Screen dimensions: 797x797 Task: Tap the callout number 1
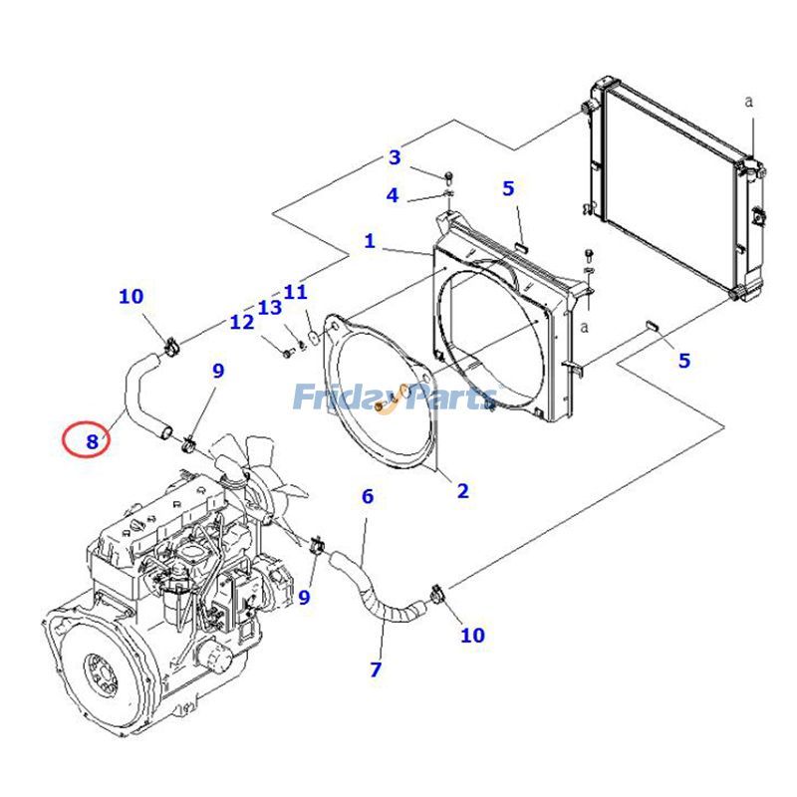pyautogui.click(x=370, y=241)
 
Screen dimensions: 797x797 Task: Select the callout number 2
pyautogui.click(x=462, y=490)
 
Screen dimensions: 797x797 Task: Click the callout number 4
pyautogui.click(x=393, y=195)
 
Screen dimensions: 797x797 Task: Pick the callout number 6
pyautogui.click(x=368, y=495)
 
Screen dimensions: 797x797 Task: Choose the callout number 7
pyautogui.click(x=376, y=669)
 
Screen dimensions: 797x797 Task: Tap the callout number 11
pyautogui.click(x=295, y=292)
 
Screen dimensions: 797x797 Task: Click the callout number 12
pyautogui.click(x=242, y=322)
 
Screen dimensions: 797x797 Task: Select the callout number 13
pyautogui.click(x=270, y=307)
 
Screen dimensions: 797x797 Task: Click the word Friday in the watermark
pyautogui.click(x=334, y=398)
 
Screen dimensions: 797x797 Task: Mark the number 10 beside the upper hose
pyautogui.click(x=132, y=296)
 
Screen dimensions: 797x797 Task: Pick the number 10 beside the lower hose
pyautogui.click(x=472, y=635)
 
